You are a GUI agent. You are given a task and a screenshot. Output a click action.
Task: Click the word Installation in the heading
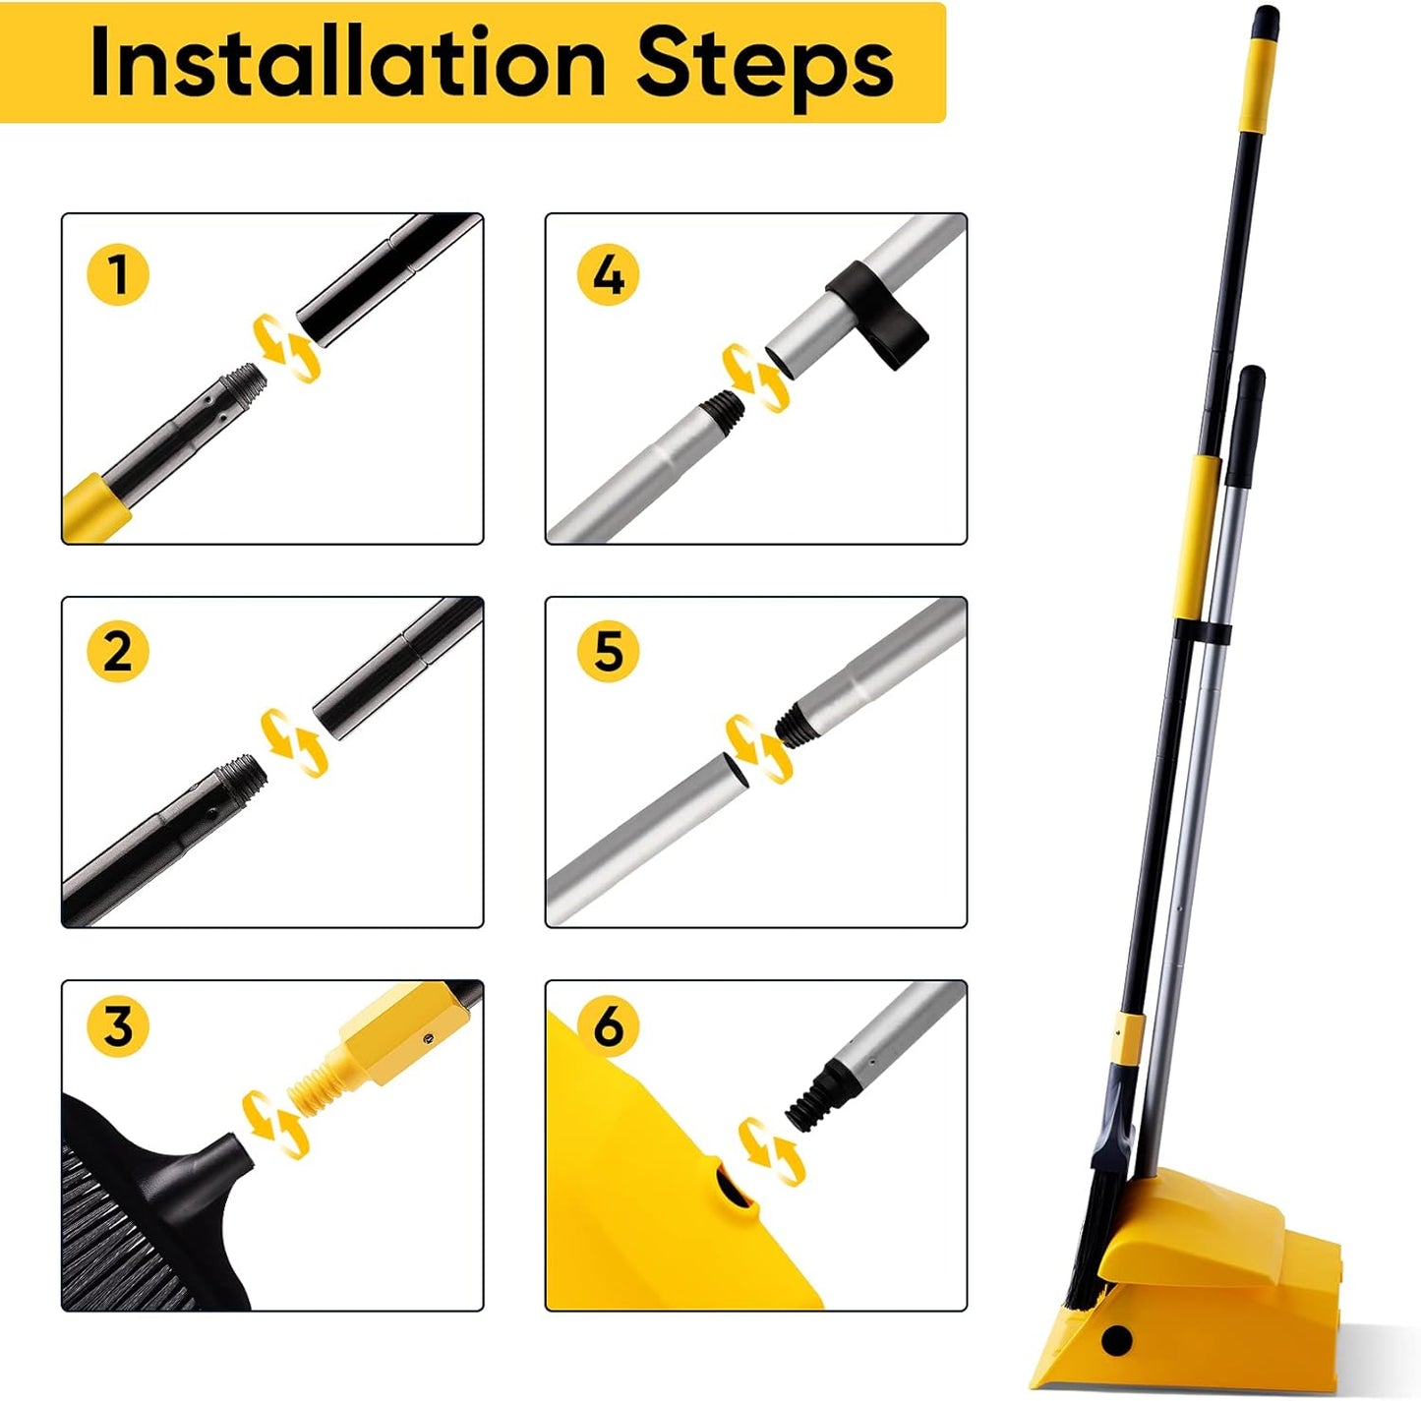pyautogui.click(x=347, y=63)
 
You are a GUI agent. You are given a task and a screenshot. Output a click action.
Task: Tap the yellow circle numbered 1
pyautogui.click(x=118, y=273)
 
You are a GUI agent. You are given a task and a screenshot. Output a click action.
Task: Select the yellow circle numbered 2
pyautogui.click(x=118, y=651)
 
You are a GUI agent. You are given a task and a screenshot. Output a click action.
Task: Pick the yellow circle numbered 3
pyautogui.click(x=118, y=1026)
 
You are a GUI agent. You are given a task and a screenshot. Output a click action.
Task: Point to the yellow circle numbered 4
pyautogui.click(x=608, y=273)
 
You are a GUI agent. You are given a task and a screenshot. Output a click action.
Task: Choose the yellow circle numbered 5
pyautogui.click(x=608, y=651)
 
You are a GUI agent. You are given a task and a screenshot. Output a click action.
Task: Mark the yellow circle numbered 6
pyautogui.click(x=608, y=1026)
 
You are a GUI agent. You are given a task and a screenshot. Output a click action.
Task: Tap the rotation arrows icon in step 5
pyautogui.click(x=757, y=749)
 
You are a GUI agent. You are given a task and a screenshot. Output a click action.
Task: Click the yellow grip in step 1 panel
pyautogui.click(x=95, y=506)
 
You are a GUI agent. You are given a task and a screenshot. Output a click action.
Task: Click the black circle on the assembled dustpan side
pyautogui.click(x=1117, y=1340)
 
